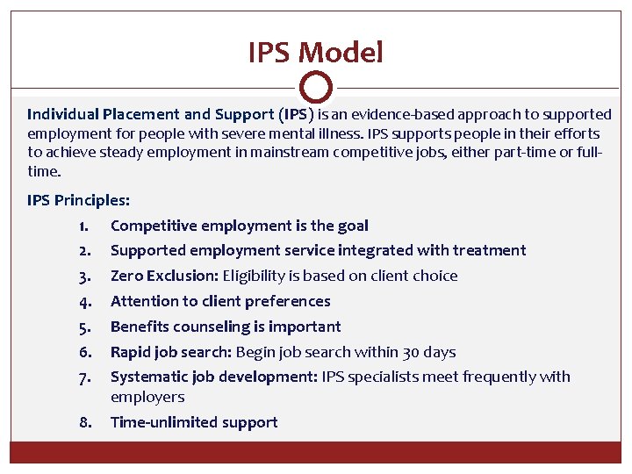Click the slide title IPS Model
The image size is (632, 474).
pyautogui.click(x=315, y=54)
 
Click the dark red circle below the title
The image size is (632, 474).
pyautogui.click(x=315, y=88)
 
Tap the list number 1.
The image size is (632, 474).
pyautogui.click(x=85, y=226)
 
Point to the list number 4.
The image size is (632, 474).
pyautogui.click(x=85, y=301)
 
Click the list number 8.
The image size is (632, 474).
pyautogui.click(x=85, y=422)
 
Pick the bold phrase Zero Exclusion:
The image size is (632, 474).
pyautogui.click(x=164, y=276)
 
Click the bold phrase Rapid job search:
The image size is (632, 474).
pyautogui.click(x=168, y=352)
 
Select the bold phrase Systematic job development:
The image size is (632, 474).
pyautogui.click(x=214, y=377)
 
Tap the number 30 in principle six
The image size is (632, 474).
pyautogui.click(x=411, y=352)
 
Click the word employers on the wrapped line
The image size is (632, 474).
pyautogui.click(x=147, y=397)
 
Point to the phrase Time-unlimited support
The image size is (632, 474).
pyautogui.click(x=194, y=422)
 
